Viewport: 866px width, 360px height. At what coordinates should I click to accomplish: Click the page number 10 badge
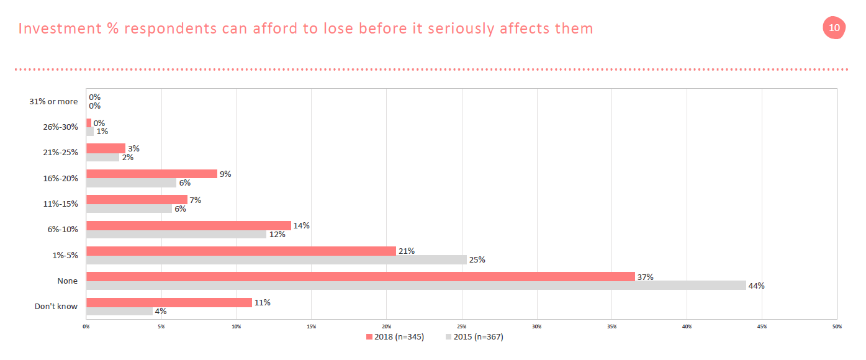coord(834,28)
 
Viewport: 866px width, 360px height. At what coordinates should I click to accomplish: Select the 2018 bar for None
coord(360,277)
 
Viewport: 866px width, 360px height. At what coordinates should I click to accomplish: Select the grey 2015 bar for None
coord(416,286)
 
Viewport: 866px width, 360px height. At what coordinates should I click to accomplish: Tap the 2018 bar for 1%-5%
coord(241,251)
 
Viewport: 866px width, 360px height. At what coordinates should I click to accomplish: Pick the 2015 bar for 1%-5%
coord(276,259)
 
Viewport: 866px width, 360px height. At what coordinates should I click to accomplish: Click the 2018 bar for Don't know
coord(169,302)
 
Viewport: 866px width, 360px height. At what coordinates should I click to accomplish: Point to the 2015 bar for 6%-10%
coord(176,234)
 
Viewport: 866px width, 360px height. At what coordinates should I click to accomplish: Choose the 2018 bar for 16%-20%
coord(151,174)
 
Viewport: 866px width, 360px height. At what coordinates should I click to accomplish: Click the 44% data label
coord(756,286)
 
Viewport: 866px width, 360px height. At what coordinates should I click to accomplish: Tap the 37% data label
coord(646,277)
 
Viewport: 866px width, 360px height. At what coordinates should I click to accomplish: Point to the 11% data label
coord(262,302)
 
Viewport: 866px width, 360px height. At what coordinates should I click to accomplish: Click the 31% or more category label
coord(53,101)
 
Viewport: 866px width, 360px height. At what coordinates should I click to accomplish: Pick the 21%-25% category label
coord(61,153)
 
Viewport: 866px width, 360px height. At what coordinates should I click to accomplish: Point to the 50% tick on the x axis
coord(836,326)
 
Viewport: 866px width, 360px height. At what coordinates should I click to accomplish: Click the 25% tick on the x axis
coord(461,326)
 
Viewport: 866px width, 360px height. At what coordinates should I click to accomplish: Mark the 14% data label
coord(302,225)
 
